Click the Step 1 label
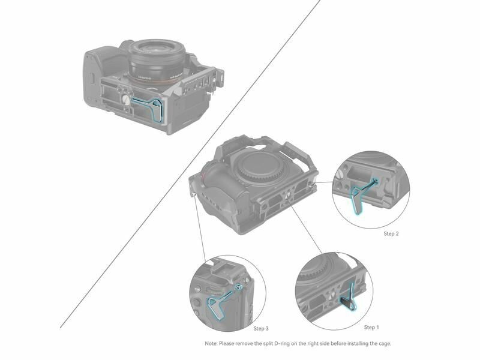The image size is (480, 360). coord(371,327)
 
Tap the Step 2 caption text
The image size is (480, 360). coord(391,233)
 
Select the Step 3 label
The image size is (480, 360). coord(261,328)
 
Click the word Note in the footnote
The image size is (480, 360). coord(211,343)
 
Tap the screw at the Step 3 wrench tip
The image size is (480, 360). coord(240,287)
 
